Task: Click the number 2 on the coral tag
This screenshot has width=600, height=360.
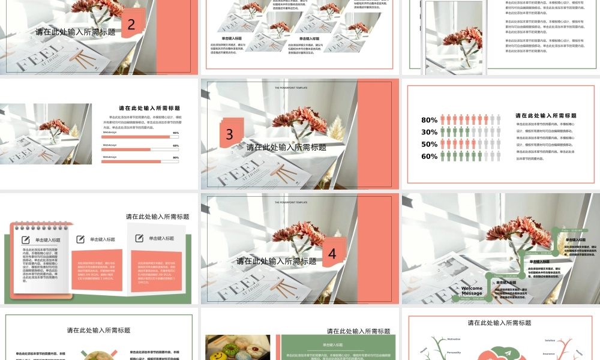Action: click(x=131, y=25)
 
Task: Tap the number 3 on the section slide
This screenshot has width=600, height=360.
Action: click(x=229, y=134)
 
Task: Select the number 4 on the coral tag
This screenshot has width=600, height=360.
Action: click(x=332, y=254)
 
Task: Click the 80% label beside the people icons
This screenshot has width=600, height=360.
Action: click(x=430, y=120)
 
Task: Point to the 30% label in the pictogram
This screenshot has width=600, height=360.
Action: click(x=430, y=132)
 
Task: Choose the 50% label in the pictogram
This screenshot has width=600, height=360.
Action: click(x=430, y=144)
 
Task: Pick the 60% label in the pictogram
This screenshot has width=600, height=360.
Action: click(x=430, y=157)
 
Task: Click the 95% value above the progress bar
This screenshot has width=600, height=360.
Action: click(x=176, y=133)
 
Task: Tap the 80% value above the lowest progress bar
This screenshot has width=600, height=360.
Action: click(x=176, y=157)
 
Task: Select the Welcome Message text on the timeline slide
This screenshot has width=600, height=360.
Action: click(x=472, y=291)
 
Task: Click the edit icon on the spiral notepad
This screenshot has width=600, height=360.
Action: click(x=26, y=240)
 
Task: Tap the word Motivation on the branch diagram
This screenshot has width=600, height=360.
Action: click(x=454, y=339)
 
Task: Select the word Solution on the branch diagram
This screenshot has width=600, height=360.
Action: click(x=550, y=340)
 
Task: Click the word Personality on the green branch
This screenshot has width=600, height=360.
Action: click(x=454, y=352)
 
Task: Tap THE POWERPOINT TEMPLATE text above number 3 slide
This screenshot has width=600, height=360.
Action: click(x=291, y=88)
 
